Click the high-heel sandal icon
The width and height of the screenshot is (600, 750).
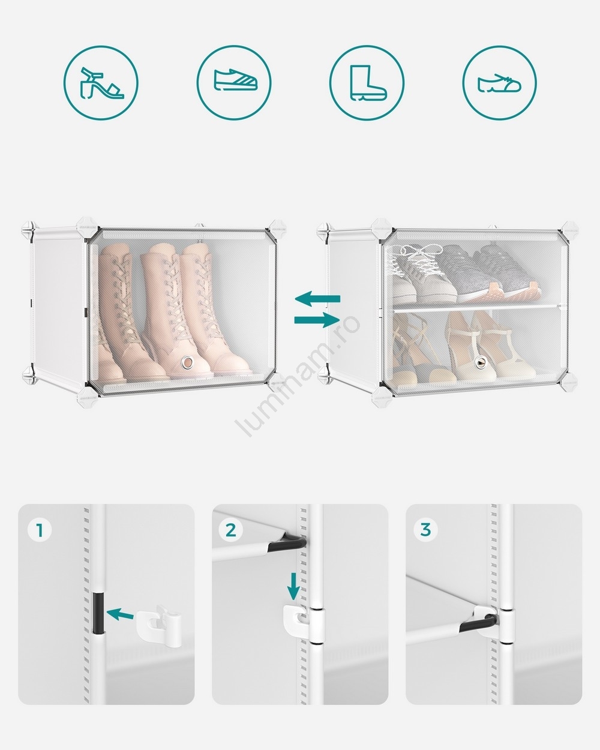[x=101, y=83]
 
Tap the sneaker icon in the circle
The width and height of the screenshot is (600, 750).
[x=235, y=80]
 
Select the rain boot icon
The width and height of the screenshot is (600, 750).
[x=368, y=83]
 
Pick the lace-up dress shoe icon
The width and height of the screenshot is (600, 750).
[x=499, y=83]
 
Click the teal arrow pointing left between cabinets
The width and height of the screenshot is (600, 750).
[x=317, y=299]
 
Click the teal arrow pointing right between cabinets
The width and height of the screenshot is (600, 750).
[x=317, y=320]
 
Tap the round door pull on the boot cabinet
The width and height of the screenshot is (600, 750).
[x=188, y=363]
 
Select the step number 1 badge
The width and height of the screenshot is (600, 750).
[x=40, y=530]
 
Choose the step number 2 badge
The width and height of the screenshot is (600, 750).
[x=231, y=530]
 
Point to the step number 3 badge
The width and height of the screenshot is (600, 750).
[x=425, y=530]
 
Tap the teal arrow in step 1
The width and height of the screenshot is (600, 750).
[x=120, y=614]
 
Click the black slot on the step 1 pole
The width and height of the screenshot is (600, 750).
[x=98, y=613]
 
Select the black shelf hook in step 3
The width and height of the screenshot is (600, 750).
[x=478, y=623]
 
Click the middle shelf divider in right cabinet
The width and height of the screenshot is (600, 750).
[x=479, y=308]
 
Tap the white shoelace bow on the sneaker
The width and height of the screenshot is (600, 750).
[x=418, y=254]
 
